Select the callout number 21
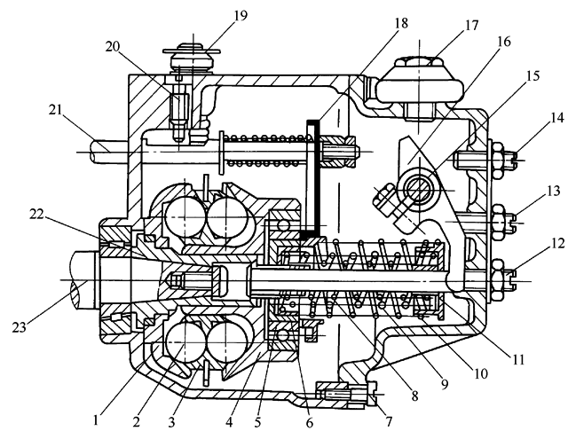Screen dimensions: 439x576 pos(54,111)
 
